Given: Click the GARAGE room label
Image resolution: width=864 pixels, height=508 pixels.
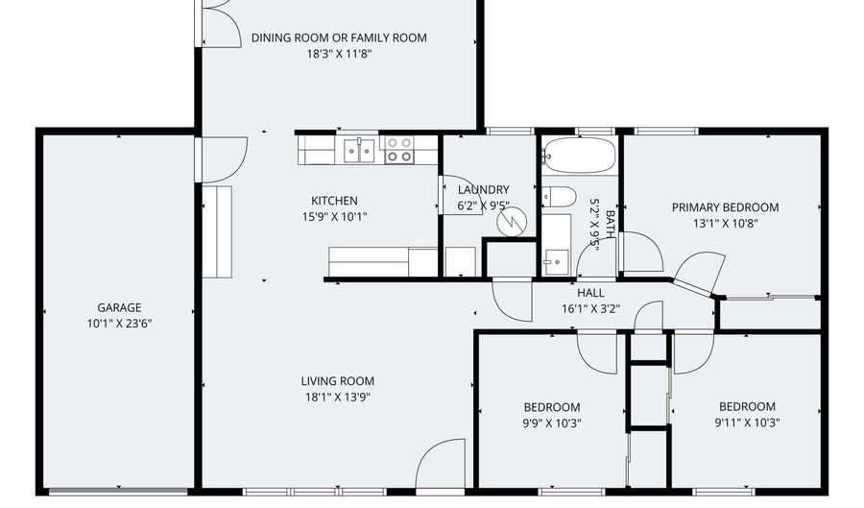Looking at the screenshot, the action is [119, 307].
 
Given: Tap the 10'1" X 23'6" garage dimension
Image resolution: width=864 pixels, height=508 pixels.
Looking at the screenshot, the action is [119, 324].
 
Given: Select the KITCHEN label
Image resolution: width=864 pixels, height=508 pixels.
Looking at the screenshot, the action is [334, 201].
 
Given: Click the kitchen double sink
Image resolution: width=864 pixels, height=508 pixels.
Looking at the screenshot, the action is [359, 151].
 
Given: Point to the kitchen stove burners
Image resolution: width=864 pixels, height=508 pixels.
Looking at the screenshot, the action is [399, 149].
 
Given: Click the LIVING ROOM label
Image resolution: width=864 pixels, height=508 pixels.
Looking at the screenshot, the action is [337, 380].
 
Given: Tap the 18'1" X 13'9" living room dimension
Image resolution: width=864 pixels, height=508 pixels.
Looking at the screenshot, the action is [337, 397].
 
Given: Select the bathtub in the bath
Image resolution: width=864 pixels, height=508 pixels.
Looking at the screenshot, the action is [579, 155].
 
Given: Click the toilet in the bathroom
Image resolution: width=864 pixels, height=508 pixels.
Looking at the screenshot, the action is [559, 196].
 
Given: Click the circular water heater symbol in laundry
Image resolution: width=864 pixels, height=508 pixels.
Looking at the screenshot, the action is [512, 222].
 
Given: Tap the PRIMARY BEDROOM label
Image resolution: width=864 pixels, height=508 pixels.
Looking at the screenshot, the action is [725, 207].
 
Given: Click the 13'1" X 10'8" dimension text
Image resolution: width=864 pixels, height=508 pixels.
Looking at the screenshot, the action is [725, 223].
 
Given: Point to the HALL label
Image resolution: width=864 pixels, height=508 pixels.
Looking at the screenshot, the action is [590, 293].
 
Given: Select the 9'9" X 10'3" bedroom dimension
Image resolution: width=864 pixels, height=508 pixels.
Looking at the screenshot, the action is [552, 423].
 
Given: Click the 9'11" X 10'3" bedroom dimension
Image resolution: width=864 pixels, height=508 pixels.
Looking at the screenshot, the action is [747, 423].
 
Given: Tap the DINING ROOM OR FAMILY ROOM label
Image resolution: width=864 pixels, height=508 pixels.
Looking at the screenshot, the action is [339, 37].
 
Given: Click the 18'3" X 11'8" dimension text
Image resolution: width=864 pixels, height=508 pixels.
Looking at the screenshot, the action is [339, 54].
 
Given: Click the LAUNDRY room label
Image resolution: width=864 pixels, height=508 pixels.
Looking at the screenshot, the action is [483, 189].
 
